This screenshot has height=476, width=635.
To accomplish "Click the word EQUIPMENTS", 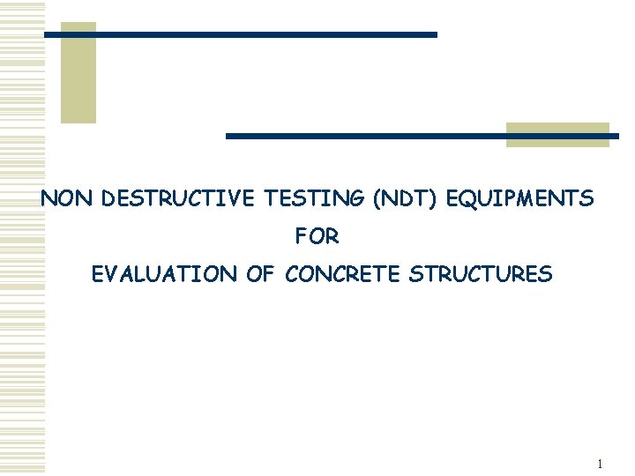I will (520, 199).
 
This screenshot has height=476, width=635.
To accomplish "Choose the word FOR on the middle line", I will (317, 237).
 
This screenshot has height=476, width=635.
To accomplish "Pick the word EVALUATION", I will (165, 274).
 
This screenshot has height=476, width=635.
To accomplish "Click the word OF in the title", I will (260, 274).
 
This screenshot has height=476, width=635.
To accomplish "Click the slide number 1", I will (599, 464).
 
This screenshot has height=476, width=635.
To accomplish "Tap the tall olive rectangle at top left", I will (78, 72).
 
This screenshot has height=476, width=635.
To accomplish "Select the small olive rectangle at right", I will (557, 134).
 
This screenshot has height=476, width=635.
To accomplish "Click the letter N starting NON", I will (49, 199).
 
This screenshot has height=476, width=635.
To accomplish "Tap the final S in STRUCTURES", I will (547, 274).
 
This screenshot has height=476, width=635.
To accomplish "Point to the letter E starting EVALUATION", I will (97, 274).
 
